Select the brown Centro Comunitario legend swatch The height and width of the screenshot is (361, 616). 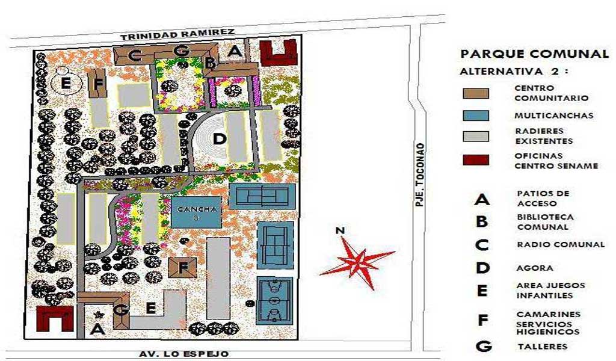click(476, 93)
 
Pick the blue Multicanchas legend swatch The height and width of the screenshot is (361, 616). click(476, 115)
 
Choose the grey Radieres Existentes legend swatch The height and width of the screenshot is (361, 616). click(476, 137)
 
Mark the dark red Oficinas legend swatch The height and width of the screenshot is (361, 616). click(476, 159)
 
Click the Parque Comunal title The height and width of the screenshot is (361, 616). click(534, 54)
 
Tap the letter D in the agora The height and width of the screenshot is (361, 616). click(220, 139)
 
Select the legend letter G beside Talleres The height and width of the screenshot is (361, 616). click(482, 347)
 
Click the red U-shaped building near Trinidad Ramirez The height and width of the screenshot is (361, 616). click(278, 52)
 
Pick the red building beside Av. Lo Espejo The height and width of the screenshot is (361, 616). click(55, 318)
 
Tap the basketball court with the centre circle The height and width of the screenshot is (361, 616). click(275, 301)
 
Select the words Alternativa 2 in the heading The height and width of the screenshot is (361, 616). click(514, 72)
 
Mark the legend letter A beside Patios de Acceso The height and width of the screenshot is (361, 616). click(482, 199)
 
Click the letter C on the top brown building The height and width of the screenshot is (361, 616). click(136, 57)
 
